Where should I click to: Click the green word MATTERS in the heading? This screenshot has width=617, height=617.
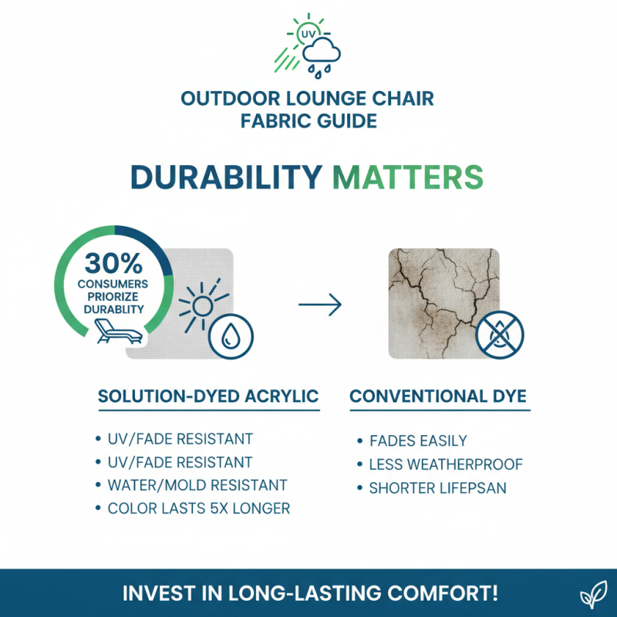tap(408, 176)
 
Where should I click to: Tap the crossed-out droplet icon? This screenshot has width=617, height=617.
tap(499, 333)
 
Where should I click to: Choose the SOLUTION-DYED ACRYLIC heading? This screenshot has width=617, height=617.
tap(208, 396)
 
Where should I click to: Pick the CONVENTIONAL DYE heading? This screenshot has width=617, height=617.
tap(438, 396)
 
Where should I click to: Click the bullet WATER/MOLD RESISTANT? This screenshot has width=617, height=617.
tap(197, 485)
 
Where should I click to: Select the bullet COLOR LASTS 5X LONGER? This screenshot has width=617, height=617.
tap(198, 508)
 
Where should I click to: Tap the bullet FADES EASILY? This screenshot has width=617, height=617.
tap(418, 441)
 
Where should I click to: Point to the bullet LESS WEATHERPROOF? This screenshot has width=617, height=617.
tap(446, 464)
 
